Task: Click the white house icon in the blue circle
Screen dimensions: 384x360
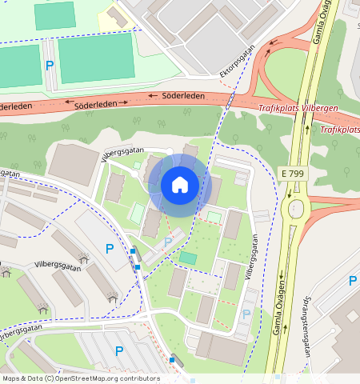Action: [180, 185]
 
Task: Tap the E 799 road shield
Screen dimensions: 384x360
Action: [294, 173]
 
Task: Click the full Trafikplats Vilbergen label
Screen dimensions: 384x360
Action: [298, 108]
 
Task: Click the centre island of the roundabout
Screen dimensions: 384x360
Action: [296, 210]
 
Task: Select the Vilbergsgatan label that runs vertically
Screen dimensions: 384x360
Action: [252, 257]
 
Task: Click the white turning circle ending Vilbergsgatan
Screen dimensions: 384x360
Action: [169, 150]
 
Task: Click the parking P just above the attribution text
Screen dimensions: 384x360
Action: [119, 350]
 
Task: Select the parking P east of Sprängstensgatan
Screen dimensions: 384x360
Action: [353, 281]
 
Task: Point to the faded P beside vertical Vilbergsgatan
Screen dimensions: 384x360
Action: [246, 315]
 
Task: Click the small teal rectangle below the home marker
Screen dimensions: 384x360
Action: [187, 258]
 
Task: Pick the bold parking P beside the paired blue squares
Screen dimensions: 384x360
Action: [110, 249]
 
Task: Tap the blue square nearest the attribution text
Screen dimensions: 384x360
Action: [171, 360]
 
